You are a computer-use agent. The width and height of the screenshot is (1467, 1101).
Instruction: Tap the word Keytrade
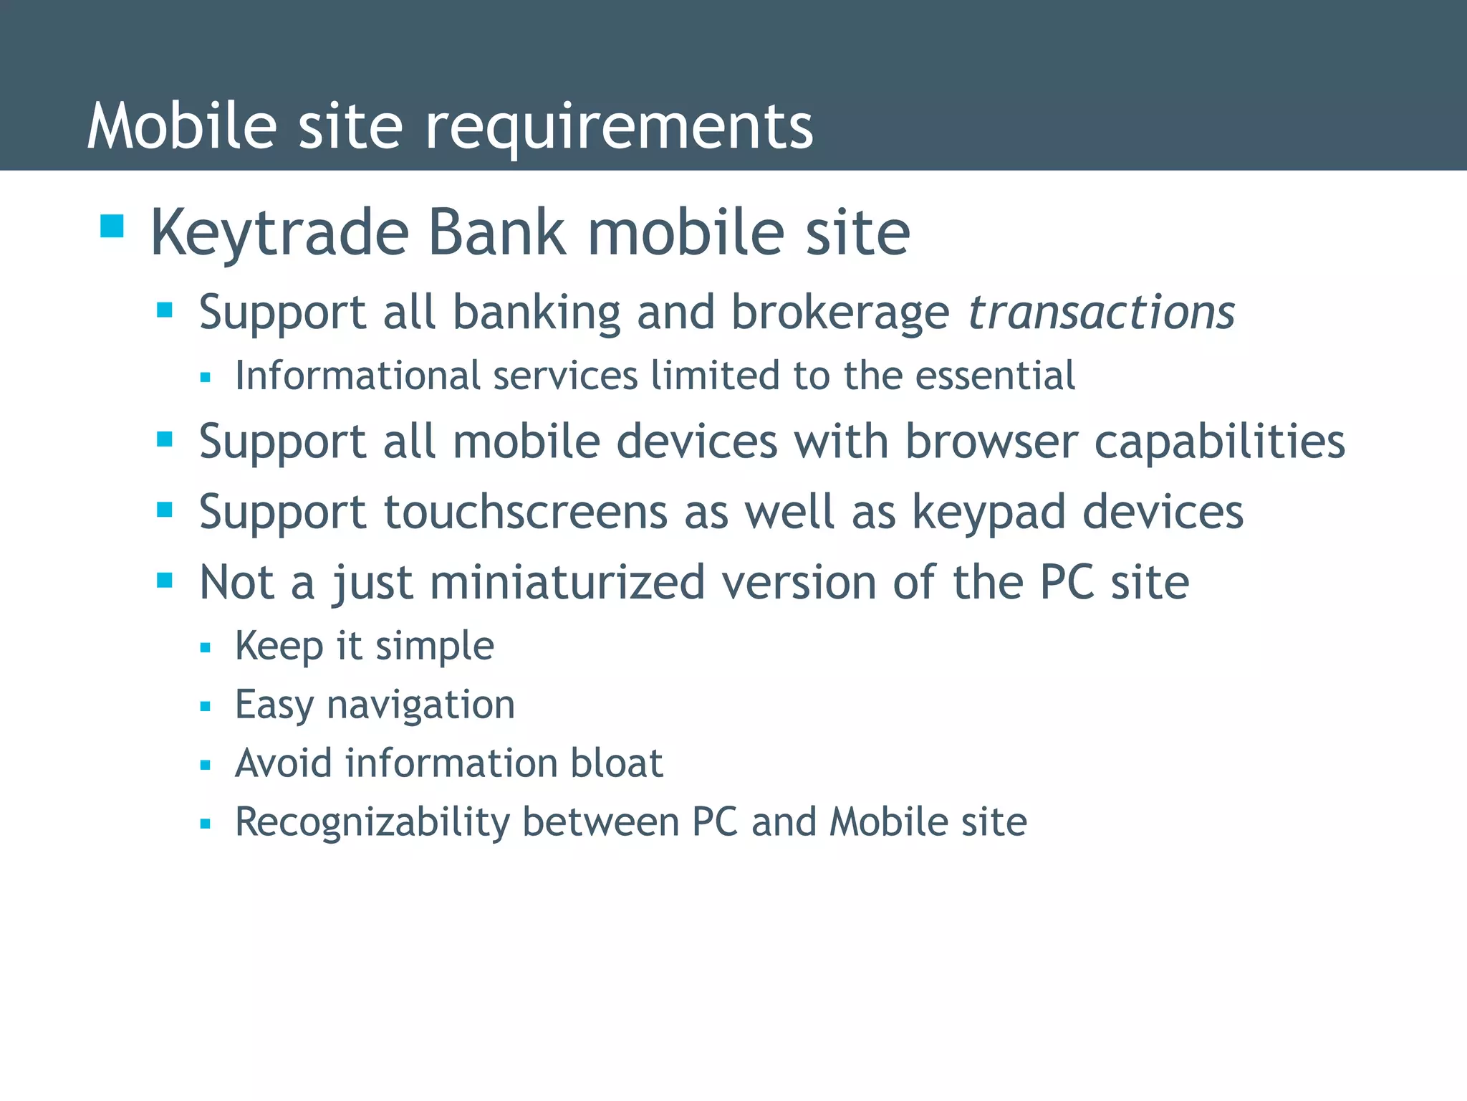(279, 234)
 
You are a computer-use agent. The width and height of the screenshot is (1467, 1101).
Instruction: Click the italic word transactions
(1101, 313)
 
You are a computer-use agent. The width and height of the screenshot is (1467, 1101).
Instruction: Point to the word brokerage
(840, 313)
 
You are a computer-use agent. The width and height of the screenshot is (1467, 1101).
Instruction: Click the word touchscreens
(526, 513)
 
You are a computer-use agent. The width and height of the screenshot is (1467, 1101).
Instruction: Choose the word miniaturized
(567, 582)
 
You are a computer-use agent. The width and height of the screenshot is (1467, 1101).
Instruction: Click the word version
(799, 582)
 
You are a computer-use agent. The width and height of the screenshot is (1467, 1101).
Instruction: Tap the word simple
(435, 646)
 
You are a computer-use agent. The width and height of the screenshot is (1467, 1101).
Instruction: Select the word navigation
(420, 705)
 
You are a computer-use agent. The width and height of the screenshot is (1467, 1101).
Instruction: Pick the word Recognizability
(372, 822)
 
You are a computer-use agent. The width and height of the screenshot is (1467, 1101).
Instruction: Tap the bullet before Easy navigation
(206, 706)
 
